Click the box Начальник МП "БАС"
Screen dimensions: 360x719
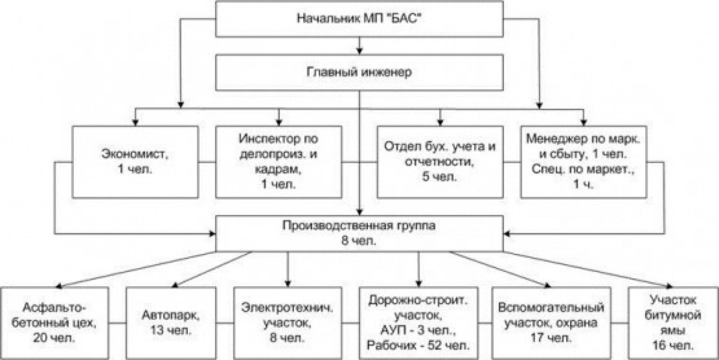click(359, 18)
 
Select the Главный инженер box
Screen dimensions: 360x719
click(359, 73)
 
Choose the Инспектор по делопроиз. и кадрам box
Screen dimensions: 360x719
click(279, 162)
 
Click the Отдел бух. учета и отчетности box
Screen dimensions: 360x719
click(440, 162)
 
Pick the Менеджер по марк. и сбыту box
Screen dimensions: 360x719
click(583, 162)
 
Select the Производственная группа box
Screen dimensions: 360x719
click(359, 233)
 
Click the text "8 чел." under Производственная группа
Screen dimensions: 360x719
click(359, 241)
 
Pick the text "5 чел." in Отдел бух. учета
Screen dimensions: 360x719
click(439, 176)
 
